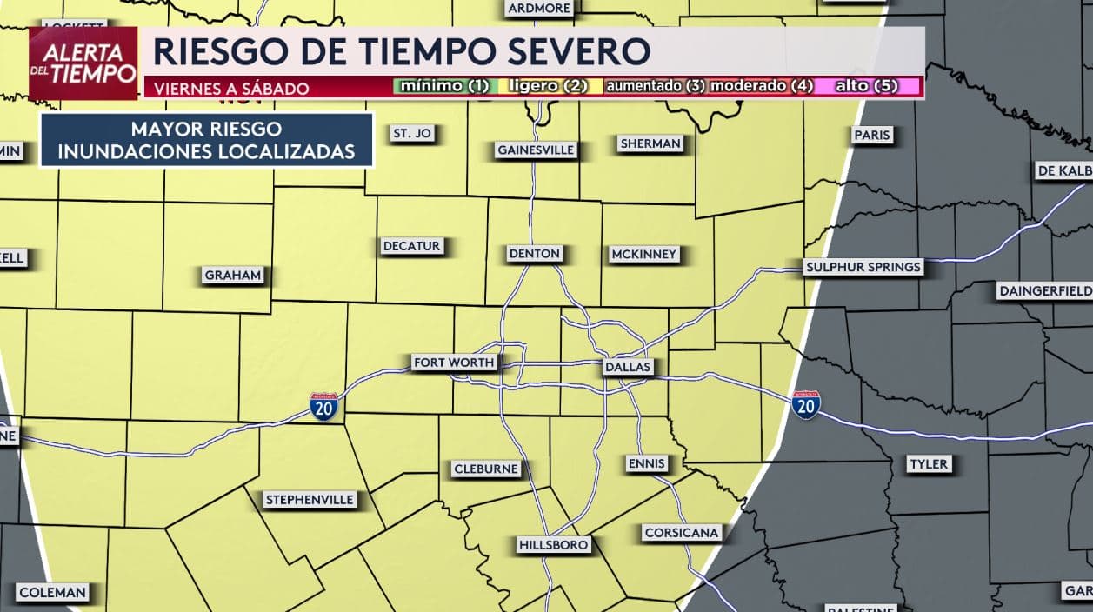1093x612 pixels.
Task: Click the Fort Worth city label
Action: pos(453,363)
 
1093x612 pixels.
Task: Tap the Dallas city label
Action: pos(627,367)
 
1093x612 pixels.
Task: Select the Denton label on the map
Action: pos(535,254)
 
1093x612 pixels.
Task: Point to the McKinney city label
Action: pos(643,254)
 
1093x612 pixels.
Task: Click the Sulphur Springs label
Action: pos(863,267)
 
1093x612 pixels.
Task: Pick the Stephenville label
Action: pos(310,499)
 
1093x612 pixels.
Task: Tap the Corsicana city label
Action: pos(682,533)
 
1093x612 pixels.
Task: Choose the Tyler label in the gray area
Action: pos(928,464)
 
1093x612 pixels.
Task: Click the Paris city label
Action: pos(872,135)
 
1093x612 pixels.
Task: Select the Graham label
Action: pos(232,276)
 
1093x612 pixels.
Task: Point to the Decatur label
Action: pos(411,246)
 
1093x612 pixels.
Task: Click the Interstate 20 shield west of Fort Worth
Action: pos(323,406)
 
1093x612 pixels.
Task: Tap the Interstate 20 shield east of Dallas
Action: pos(806,405)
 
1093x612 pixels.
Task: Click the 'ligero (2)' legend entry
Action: pos(549,86)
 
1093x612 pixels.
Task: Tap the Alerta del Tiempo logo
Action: pos(83,63)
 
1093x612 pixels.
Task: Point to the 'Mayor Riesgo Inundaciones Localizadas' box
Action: pos(206,140)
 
